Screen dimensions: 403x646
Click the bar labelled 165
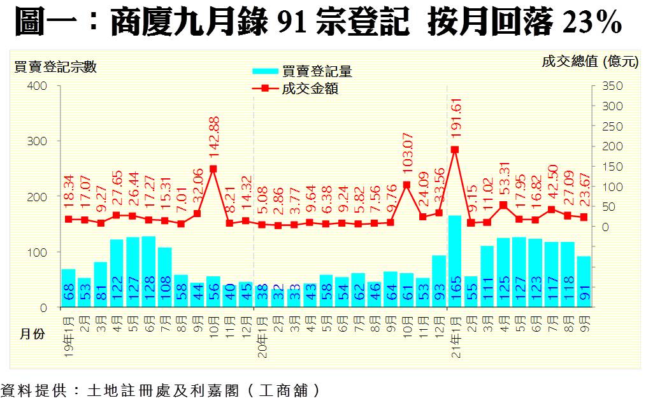pyautogui.click(x=455, y=261)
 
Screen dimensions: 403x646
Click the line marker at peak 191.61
pyautogui.click(x=455, y=150)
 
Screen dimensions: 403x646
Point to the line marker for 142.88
pyautogui.click(x=213, y=169)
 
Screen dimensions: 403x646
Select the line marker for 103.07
pyautogui.click(x=406, y=185)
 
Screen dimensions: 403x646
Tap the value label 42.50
pyautogui.click(x=552, y=184)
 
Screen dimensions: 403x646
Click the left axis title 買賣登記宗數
pyautogui.click(x=55, y=66)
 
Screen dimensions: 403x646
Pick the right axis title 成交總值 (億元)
pyautogui.click(x=589, y=62)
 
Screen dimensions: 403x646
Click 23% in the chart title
pyautogui.click(x=593, y=24)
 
